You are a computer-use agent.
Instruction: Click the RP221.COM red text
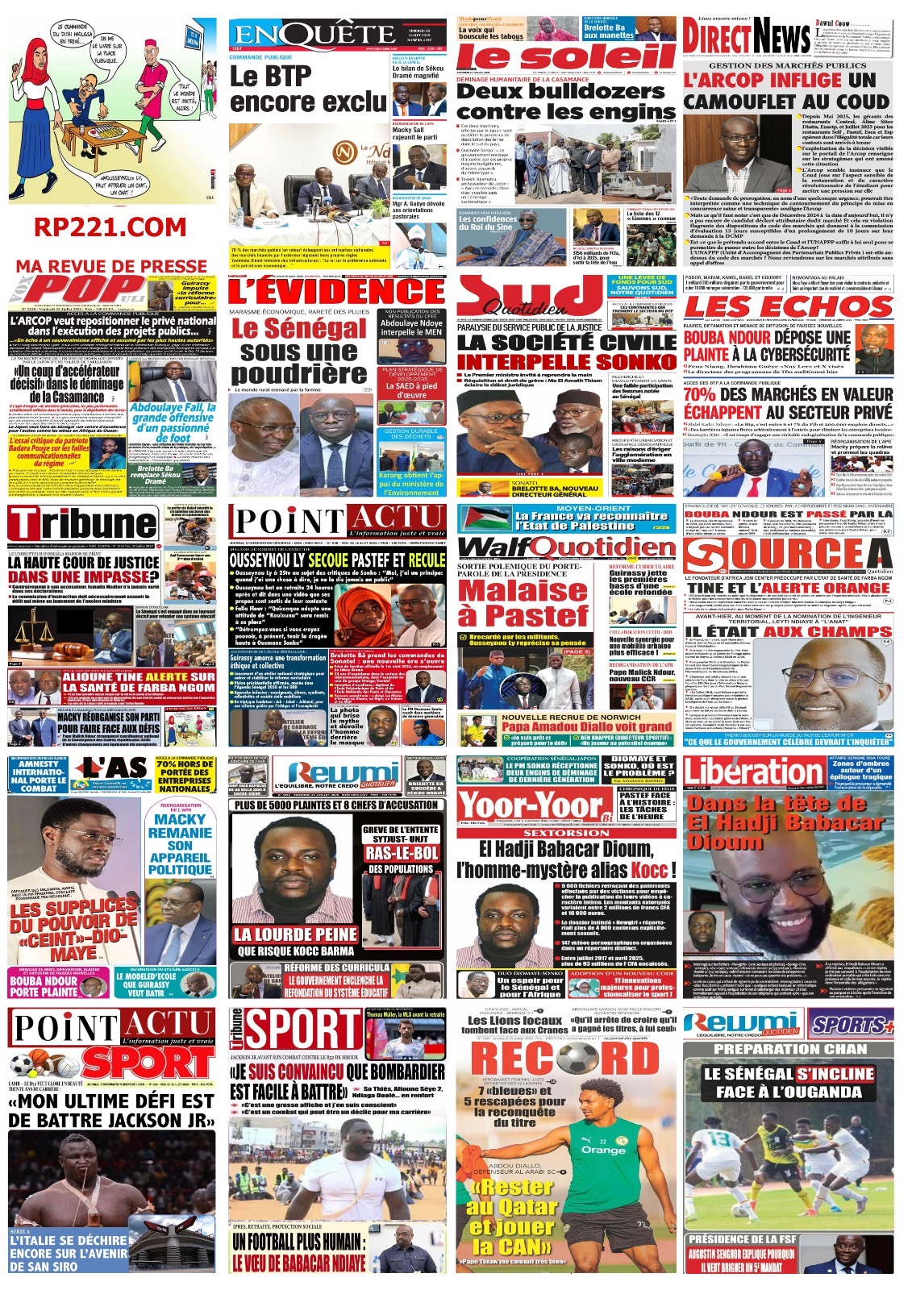click(110, 227)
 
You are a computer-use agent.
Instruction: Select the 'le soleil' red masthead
click(566, 56)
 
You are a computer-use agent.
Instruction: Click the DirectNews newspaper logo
click(747, 36)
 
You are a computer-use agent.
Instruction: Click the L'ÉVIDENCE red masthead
click(336, 291)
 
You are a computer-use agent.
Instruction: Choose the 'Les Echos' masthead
click(788, 307)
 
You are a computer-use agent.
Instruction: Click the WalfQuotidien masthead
click(566, 547)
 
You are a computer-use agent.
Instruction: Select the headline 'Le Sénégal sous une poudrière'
click(299, 352)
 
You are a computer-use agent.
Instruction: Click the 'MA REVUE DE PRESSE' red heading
click(111, 266)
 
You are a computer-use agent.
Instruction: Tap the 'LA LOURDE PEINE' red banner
click(295, 934)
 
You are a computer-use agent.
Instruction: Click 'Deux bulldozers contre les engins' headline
click(566, 102)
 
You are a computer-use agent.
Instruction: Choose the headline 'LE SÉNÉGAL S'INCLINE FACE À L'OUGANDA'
click(788, 1083)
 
